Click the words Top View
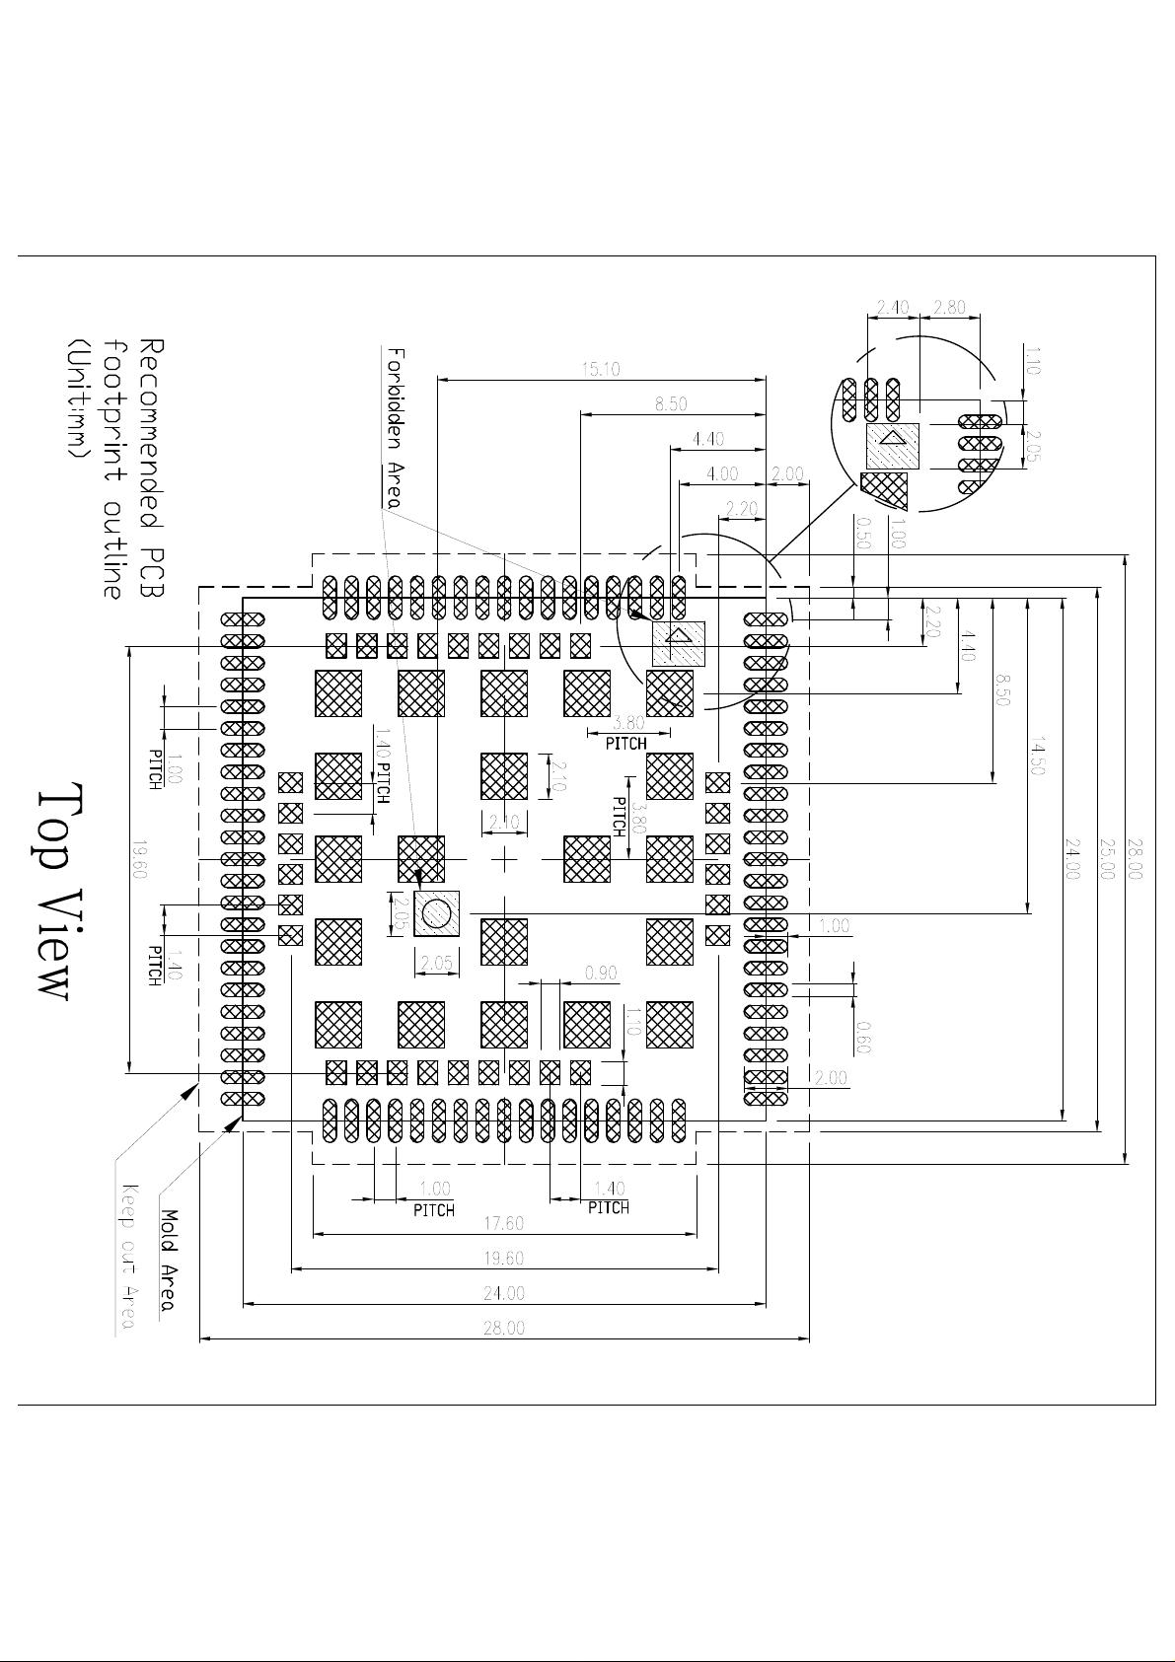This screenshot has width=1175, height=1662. pos(56,893)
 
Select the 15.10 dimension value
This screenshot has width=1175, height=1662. pos(601,369)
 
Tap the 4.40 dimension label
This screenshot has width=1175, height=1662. pos(708,439)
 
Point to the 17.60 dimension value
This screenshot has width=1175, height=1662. pos(503,1223)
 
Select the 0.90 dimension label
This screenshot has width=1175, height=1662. pos(601,974)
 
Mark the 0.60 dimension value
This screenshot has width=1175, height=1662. pos(863,1037)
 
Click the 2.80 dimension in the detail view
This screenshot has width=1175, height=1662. pos(949,307)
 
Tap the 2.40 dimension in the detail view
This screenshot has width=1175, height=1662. pos(892,307)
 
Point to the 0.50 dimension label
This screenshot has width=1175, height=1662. pos(863,534)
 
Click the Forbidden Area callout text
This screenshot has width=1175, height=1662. pos(394,426)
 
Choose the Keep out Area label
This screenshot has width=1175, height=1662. pos(127,1257)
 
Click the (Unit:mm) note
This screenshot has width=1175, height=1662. pos(75,398)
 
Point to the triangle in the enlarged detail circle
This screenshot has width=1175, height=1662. pos(892,438)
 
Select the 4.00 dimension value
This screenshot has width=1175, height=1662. pos(723,474)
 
